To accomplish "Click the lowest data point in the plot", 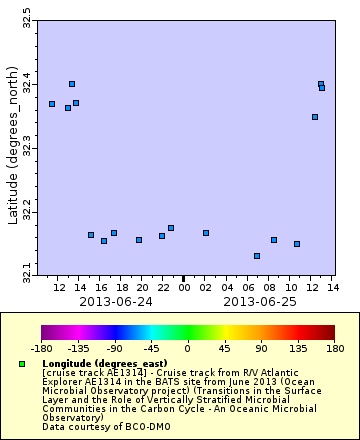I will coord(257,256).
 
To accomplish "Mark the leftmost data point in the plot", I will coord(52,104).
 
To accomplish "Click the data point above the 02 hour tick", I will coord(206,233).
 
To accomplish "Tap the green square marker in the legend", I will coord(22,364).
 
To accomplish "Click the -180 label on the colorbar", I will coord(41,349).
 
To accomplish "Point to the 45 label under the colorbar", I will coord(225,349).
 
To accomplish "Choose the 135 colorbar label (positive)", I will coord(298,349).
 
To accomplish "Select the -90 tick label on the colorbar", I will coord(115,349).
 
